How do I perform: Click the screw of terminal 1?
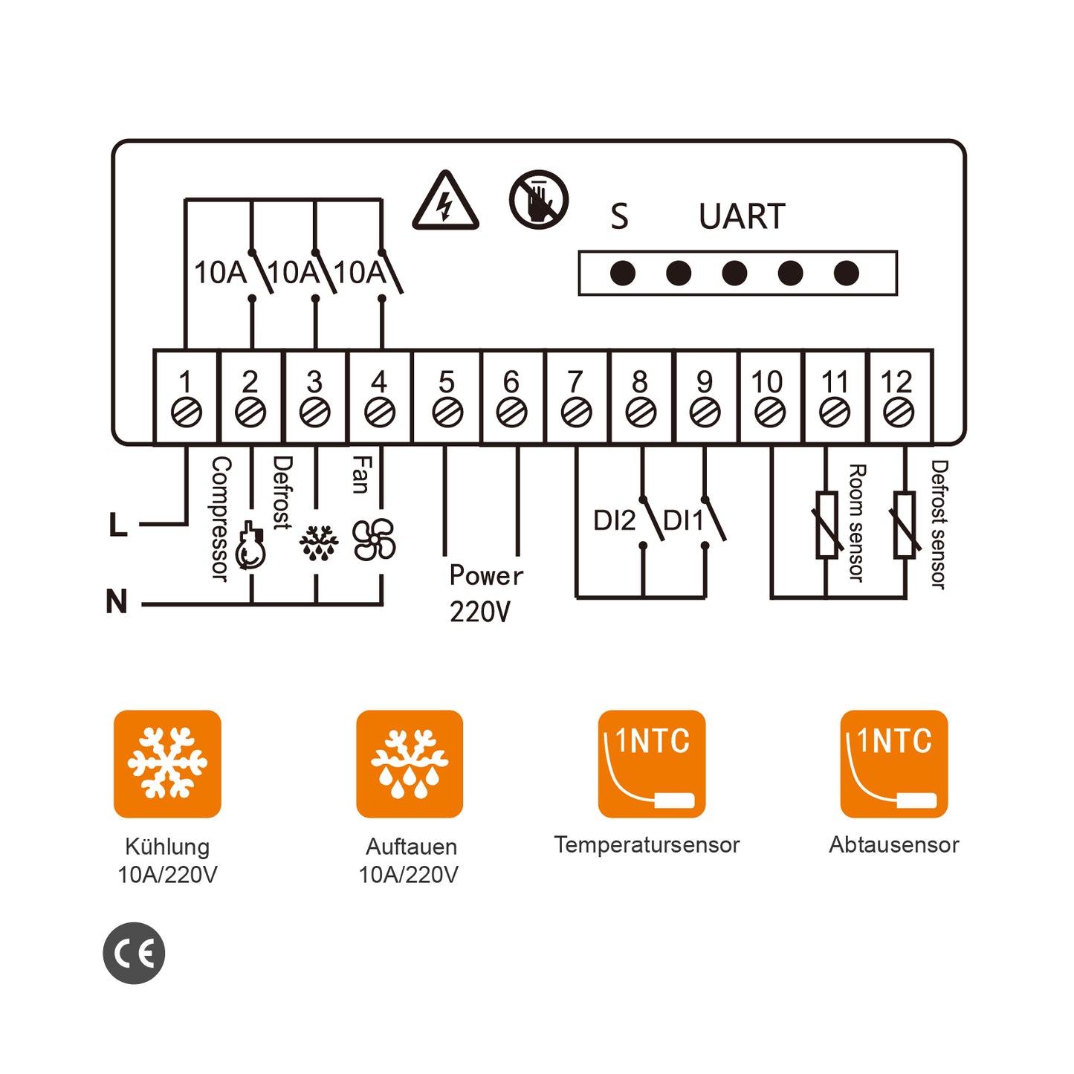pos(186,413)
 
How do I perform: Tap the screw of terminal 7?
pos(576,413)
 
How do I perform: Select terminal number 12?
pos(896,383)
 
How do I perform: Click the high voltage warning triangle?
pos(445,202)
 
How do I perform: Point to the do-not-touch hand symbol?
pos(539,200)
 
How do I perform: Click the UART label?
pos(741,217)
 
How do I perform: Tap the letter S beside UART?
pos(619,217)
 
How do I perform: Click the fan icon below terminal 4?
pos(374,540)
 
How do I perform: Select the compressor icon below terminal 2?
pos(250,548)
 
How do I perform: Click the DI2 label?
pos(614,521)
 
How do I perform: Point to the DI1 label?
pos(682,521)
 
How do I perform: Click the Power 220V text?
pos(485,593)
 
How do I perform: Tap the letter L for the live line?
pos(117,525)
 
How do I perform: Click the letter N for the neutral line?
pos(117,601)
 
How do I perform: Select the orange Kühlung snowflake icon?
pos(167,763)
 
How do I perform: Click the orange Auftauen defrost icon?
pos(410,763)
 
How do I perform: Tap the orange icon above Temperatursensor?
pos(651,763)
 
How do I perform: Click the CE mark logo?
pos(134,953)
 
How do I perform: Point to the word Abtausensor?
pos(893,845)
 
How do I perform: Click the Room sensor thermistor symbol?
pos(827,525)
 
